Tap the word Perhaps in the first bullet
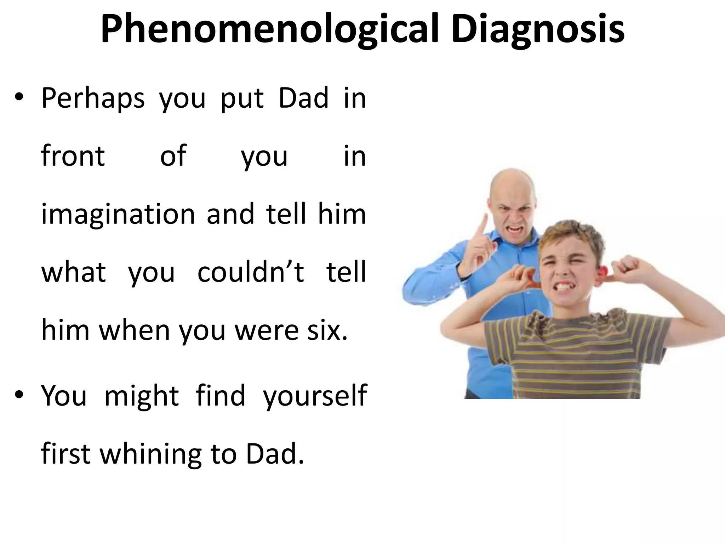(93, 98)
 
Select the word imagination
(118, 215)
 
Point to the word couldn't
(251, 272)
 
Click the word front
(73, 156)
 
